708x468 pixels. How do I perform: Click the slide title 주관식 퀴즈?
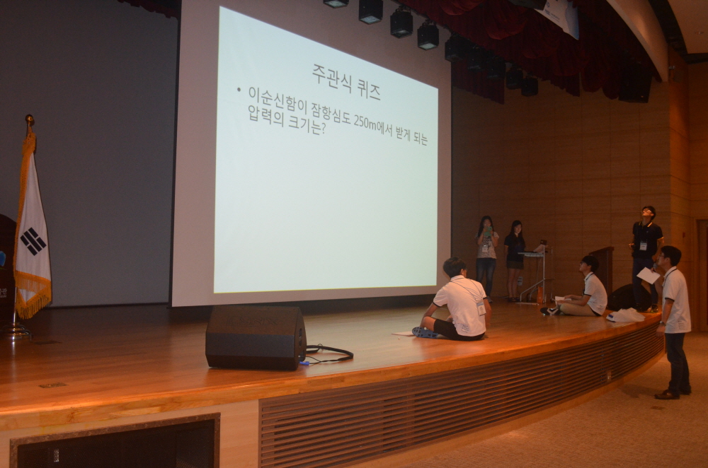pos(346,81)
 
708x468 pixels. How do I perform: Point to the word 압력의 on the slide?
pos(266,116)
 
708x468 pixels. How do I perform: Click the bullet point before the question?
pos(239,90)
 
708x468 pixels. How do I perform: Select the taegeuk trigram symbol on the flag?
pos(33,241)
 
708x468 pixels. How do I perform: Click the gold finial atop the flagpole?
pos(30,119)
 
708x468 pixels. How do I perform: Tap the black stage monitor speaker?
pos(256,338)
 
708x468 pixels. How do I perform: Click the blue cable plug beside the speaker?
pos(304,363)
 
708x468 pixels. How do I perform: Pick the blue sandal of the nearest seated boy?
pos(424,333)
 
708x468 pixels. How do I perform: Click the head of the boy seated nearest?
pos(455,267)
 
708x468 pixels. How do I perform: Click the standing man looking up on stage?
pos(646,258)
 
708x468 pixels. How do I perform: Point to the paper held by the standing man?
pos(649,276)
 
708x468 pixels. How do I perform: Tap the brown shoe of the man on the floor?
pos(667,395)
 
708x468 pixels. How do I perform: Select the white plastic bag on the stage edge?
pos(625,315)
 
